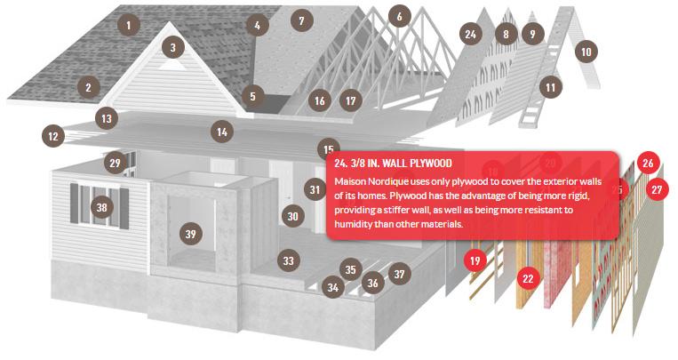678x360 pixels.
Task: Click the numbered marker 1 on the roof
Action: (129, 25)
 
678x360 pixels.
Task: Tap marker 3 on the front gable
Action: (173, 48)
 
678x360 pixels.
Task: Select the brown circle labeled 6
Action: (399, 16)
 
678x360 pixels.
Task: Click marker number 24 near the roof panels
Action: (470, 34)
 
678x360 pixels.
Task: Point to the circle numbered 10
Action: (586, 52)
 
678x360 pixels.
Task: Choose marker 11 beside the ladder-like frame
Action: (550, 88)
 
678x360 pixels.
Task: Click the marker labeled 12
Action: (53, 137)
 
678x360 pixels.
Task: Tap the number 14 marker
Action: (222, 132)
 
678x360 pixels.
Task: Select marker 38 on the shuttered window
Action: (101, 207)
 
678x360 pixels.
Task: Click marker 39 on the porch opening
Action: (191, 234)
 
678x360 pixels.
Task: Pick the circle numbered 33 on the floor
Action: (289, 260)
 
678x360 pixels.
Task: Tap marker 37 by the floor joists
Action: (399, 274)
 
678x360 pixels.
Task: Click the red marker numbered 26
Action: (648, 164)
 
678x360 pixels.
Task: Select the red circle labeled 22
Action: (528, 278)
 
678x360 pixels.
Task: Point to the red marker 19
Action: (475, 260)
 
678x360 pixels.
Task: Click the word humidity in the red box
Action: (352, 224)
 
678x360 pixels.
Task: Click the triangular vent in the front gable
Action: (172, 65)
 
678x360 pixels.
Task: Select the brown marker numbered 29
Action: (115, 164)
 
